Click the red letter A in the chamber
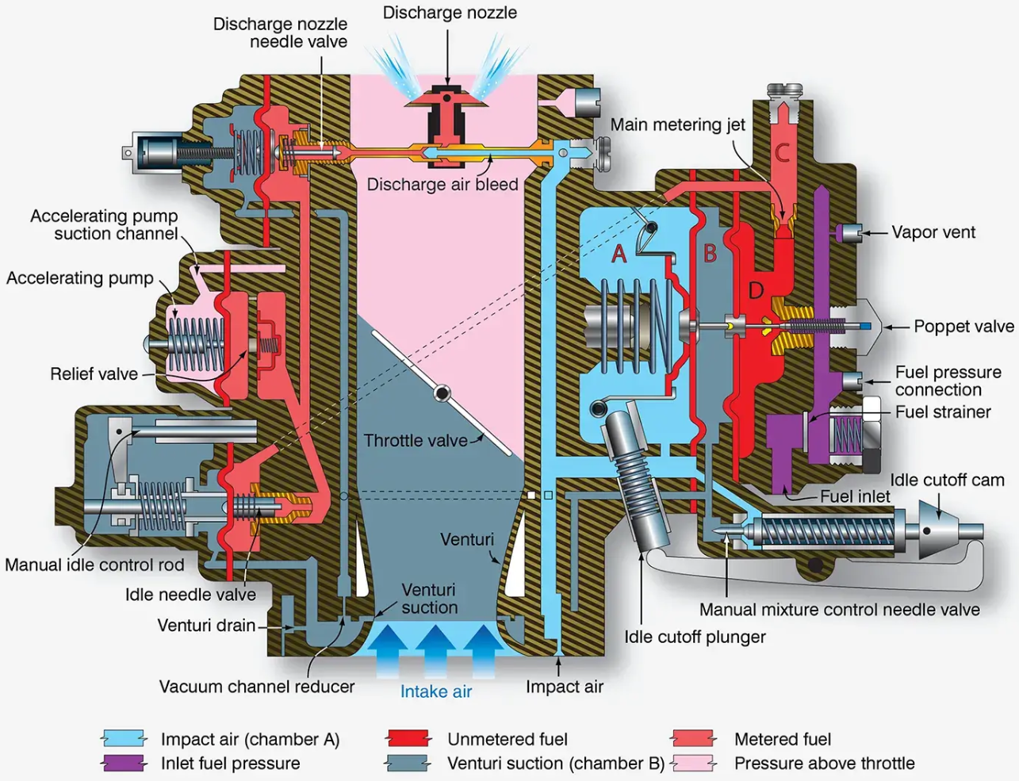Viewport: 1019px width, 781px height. (x=619, y=254)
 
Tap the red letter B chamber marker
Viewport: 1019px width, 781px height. (x=710, y=254)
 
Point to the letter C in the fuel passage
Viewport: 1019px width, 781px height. (x=782, y=153)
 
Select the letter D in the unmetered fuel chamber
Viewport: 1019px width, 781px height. (x=756, y=291)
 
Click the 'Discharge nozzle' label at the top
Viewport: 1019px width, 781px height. (x=450, y=13)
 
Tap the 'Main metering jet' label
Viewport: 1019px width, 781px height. (x=677, y=124)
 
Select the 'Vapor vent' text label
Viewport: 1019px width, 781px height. (x=933, y=232)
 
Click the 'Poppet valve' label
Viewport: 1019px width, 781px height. (x=963, y=327)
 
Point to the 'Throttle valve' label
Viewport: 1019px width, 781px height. (x=416, y=441)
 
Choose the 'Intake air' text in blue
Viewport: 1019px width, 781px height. (x=435, y=691)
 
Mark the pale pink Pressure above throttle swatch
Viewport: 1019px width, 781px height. (x=693, y=764)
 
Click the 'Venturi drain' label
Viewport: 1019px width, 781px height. (x=206, y=626)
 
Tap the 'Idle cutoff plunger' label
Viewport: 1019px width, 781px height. (x=695, y=637)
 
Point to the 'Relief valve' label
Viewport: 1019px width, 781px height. (x=94, y=374)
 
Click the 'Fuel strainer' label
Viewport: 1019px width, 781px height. (x=943, y=412)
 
